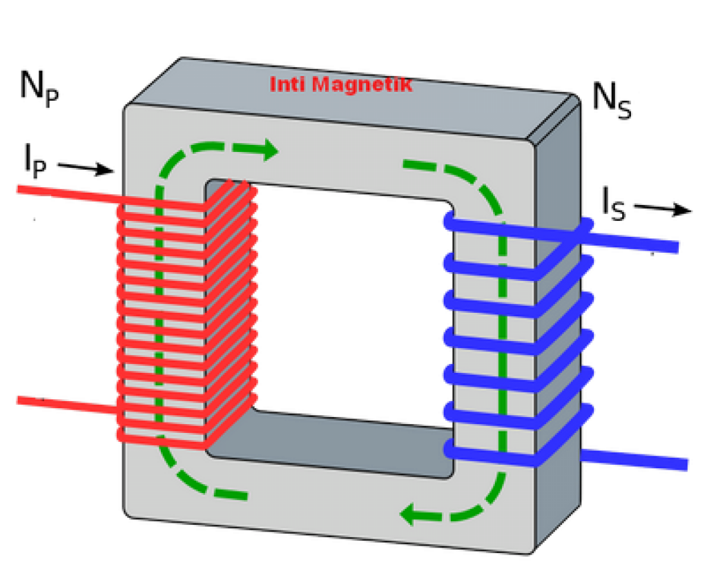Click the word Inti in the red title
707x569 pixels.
click(x=287, y=85)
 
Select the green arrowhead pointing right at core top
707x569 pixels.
click(x=267, y=150)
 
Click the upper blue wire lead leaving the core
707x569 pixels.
click(x=635, y=241)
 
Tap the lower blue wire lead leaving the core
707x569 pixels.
click(x=635, y=460)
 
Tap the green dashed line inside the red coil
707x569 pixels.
click(x=160, y=311)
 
